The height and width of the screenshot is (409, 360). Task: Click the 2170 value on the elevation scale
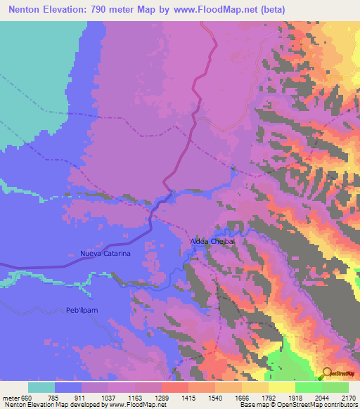point(348,396)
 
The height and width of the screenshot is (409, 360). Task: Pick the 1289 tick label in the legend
point(161,396)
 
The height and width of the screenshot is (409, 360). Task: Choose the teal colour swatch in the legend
point(41,387)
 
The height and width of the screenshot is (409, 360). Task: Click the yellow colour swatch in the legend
point(281,387)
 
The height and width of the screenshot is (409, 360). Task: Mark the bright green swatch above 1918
point(308,387)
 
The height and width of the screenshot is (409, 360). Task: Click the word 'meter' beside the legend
point(10,396)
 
